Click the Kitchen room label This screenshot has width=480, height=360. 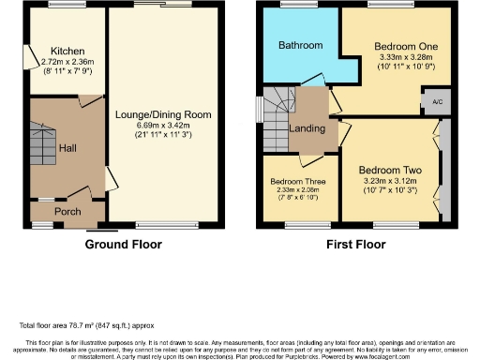68,51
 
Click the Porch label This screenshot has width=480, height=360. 67,212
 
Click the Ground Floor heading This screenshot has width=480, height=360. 123,245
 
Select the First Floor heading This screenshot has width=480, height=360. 357,245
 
